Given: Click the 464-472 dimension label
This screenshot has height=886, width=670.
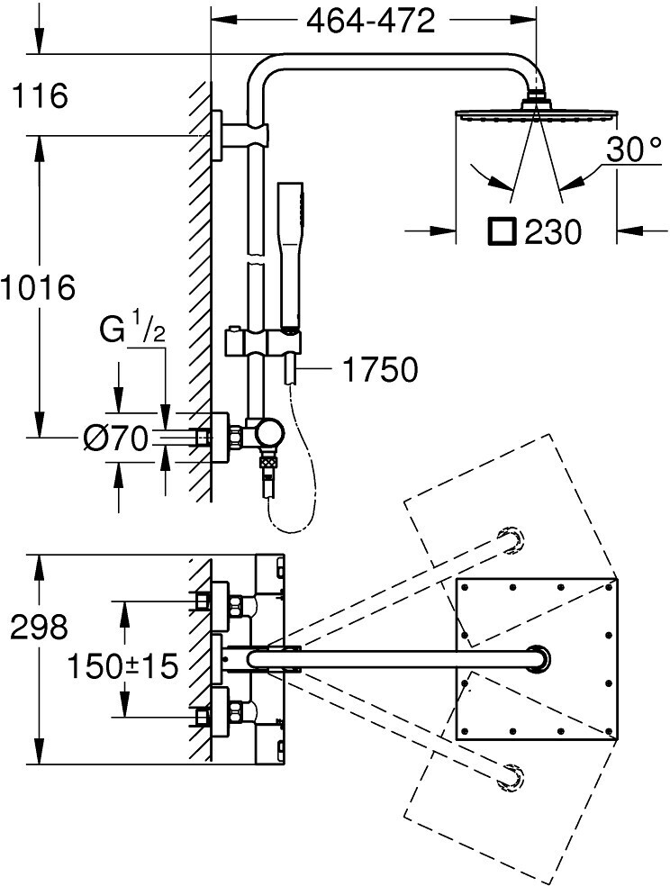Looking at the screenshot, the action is [x=370, y=22].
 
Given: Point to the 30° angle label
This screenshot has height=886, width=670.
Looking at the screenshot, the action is [x=633, y=149].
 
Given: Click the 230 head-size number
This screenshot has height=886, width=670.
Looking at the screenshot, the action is [x=553, y=231].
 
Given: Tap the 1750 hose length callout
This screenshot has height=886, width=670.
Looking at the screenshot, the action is [x=381, y=369].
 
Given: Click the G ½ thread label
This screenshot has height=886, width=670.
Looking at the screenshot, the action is [x=132, y=330].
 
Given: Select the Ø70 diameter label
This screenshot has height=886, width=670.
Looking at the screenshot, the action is [x=116, y=438].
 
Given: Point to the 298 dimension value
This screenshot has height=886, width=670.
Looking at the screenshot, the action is [x=40, y=627].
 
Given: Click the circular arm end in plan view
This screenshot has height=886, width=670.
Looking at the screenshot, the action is [x=539, y=659].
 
